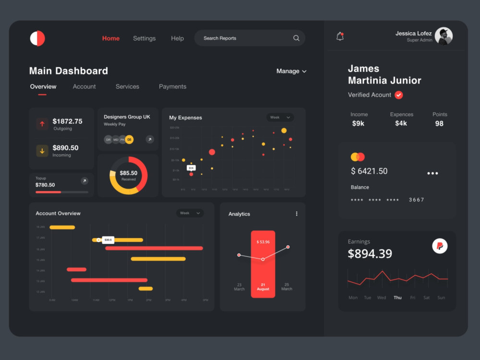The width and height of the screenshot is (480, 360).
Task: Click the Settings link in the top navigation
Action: [x=144, y=38]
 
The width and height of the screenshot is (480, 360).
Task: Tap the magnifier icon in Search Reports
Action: [x=296, y=38]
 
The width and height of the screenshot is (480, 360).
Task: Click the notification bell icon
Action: [x=340, y=36]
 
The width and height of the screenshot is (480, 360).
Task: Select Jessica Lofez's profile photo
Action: [x=443, y=36]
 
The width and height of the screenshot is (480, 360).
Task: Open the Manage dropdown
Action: [x=291, y=71]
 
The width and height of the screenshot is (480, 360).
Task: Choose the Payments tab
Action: [x=172, y=87]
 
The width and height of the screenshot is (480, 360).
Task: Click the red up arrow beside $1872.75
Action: [x=42, y=124]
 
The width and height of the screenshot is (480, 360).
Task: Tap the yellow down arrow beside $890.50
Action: [x=42, y=151]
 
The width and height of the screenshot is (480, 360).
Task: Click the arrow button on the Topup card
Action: [x=84, y=181]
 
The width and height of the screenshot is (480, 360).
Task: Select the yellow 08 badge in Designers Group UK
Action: [x=129, y=140]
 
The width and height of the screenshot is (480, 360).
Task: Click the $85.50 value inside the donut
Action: [x=128, y=173]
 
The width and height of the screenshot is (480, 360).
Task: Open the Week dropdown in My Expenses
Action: [x=280, y=118]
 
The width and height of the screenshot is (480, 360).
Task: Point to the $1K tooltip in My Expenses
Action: [x=191, y=168]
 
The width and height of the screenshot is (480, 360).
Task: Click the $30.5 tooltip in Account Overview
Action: [x=108, y=240]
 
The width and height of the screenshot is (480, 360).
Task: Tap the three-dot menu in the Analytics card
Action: [x=297, y=214]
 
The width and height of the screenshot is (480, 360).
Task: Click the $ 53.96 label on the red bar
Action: [x=263, y=242]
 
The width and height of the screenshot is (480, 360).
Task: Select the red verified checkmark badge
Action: [x=398, y=95]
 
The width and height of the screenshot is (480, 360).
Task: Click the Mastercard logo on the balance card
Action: [x=358, y=157]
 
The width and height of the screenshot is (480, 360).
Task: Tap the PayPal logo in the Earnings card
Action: [x=440, y=246]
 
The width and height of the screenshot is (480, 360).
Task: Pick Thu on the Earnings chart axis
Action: [x=397, y=298]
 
